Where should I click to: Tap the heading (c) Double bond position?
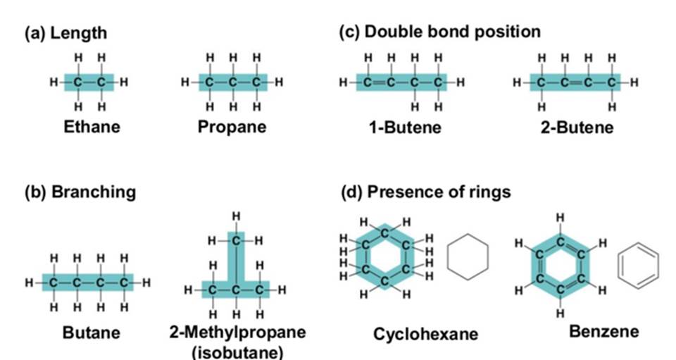click(x=440, y=32)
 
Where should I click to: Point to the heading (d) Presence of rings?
click(x=426, y=192)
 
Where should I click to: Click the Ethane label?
click(x=92, y=128)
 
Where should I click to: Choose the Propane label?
click(x=232, y=128)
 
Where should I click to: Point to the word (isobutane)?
click(x=237, y=352)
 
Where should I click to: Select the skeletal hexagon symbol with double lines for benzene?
click(x=637, y=267)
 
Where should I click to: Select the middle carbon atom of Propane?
click(x=233, y=82)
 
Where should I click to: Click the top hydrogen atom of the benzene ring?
click(x=560, y=218)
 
